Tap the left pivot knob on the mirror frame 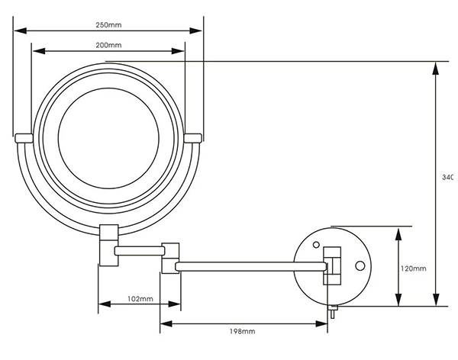[23, 137]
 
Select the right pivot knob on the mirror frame [193, 137]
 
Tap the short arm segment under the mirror [137, 249]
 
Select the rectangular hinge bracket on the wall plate [332, 263]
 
